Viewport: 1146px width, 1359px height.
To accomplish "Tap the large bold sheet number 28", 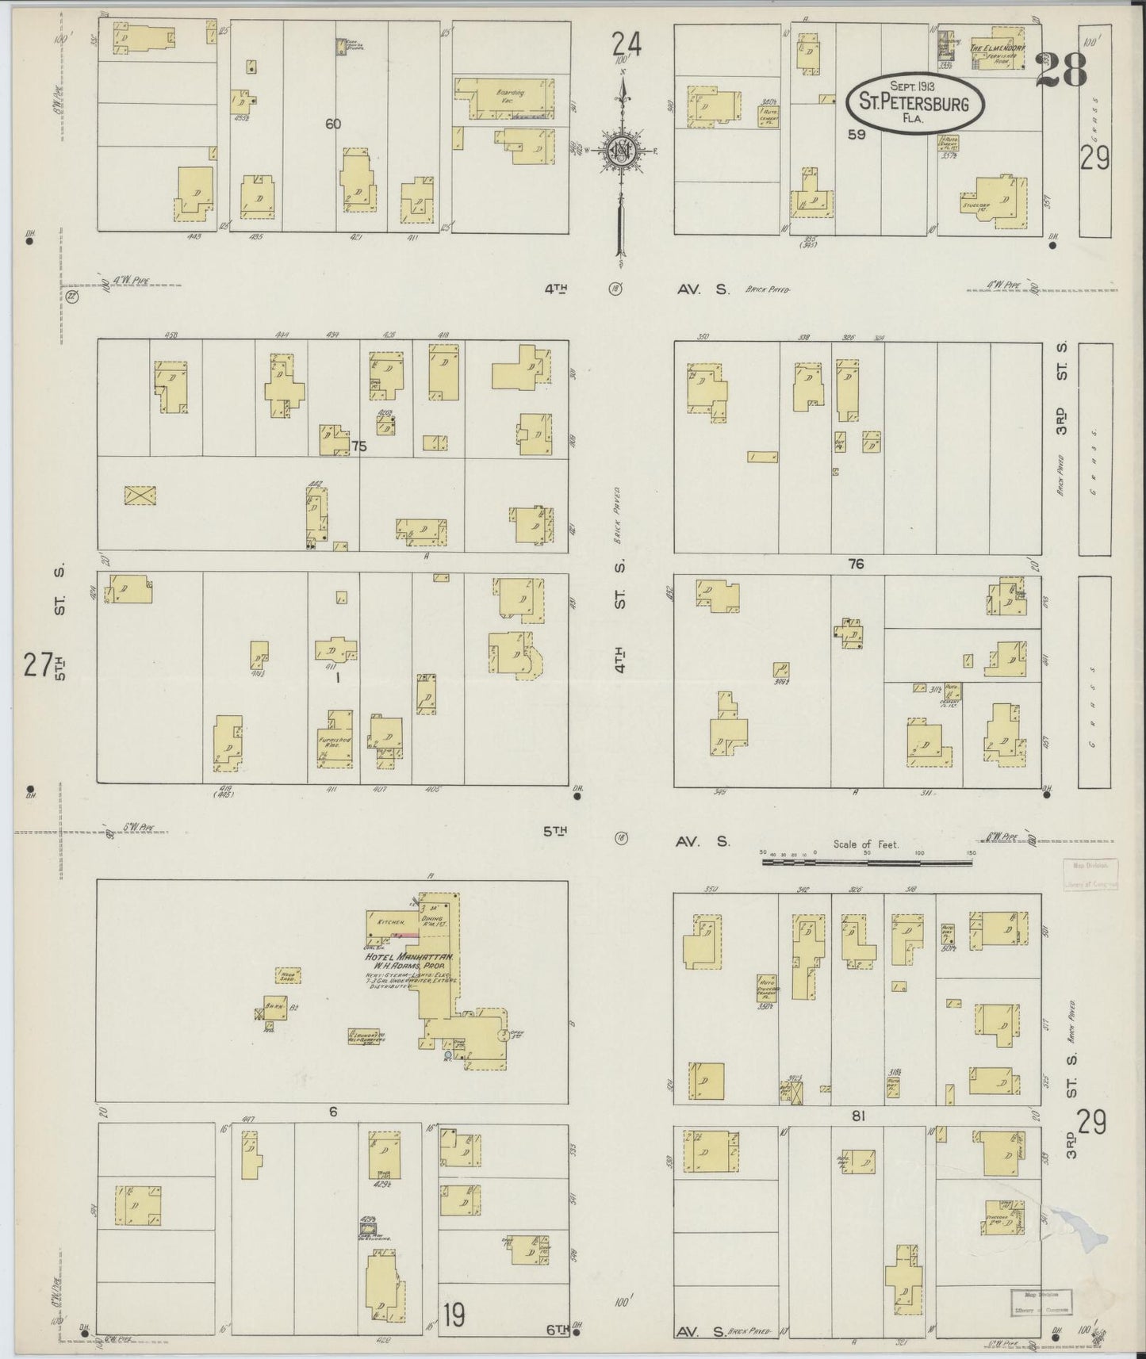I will click(1061, 71).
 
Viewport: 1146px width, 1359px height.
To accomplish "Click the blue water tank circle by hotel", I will click(447, 1055).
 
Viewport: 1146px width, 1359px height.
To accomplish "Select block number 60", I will click(333, 124).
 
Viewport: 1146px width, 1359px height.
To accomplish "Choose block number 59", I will click(856, 135).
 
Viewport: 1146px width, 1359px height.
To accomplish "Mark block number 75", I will click(359, 446).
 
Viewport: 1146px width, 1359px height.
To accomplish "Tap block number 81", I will click(857, 1116).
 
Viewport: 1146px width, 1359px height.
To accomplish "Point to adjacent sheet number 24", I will click(626, 43).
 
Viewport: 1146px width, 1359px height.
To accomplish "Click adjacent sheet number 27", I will click(36, 664).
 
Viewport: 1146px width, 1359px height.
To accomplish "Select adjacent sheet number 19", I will click(454, 1315).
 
